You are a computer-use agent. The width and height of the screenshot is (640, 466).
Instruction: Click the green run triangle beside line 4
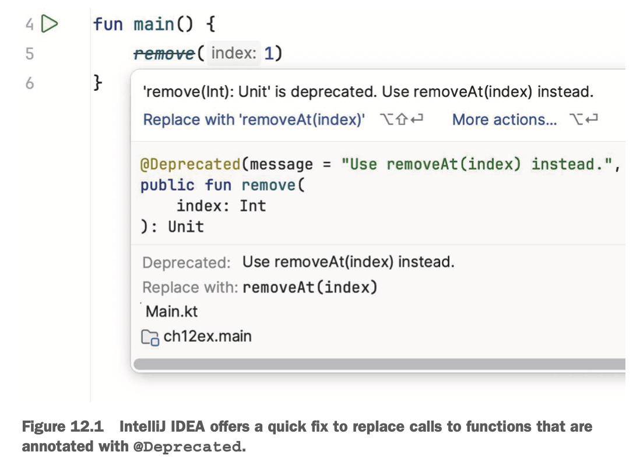(x=51, y=24)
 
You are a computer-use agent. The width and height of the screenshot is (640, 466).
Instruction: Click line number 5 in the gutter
(x=29, y=54)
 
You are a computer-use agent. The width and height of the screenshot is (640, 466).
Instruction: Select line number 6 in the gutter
(x=29, y=83)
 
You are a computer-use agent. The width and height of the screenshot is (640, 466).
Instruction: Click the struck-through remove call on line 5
(x=164, y=54)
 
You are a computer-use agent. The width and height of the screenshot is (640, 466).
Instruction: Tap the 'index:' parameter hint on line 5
(x=233, y=54)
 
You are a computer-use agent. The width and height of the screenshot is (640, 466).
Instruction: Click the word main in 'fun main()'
(x=154, y=24)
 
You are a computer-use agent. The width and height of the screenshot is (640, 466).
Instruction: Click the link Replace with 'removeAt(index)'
(x=254, y=120)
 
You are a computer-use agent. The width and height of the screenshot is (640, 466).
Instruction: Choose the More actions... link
(x=504, y=120)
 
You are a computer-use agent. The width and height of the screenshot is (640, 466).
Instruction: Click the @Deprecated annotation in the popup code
(x=190, y=164)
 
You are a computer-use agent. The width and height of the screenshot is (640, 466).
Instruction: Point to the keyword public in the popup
(x=167, y=185)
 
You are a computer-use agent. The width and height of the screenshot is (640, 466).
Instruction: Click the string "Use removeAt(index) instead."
(x=478, y=164)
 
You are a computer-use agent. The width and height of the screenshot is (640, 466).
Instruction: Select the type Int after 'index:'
(x=252, y=206)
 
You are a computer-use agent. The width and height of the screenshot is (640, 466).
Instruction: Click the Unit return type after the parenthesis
(x=186, y=227)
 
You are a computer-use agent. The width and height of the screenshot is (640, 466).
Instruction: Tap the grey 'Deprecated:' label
(x=187, y=263)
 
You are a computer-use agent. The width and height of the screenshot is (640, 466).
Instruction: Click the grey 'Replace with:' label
(x=190, y=288)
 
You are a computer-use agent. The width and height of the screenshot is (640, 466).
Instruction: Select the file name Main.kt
(x=171, y=312)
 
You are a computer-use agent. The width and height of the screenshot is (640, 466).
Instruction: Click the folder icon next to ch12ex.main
(x=150, y=337)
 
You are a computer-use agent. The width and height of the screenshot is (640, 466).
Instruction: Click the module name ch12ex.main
(x=208, y=336)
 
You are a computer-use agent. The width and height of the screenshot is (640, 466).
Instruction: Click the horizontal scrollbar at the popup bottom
(x=379, y=365)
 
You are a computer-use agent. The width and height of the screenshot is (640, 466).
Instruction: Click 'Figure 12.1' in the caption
(x=62, y=427)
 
